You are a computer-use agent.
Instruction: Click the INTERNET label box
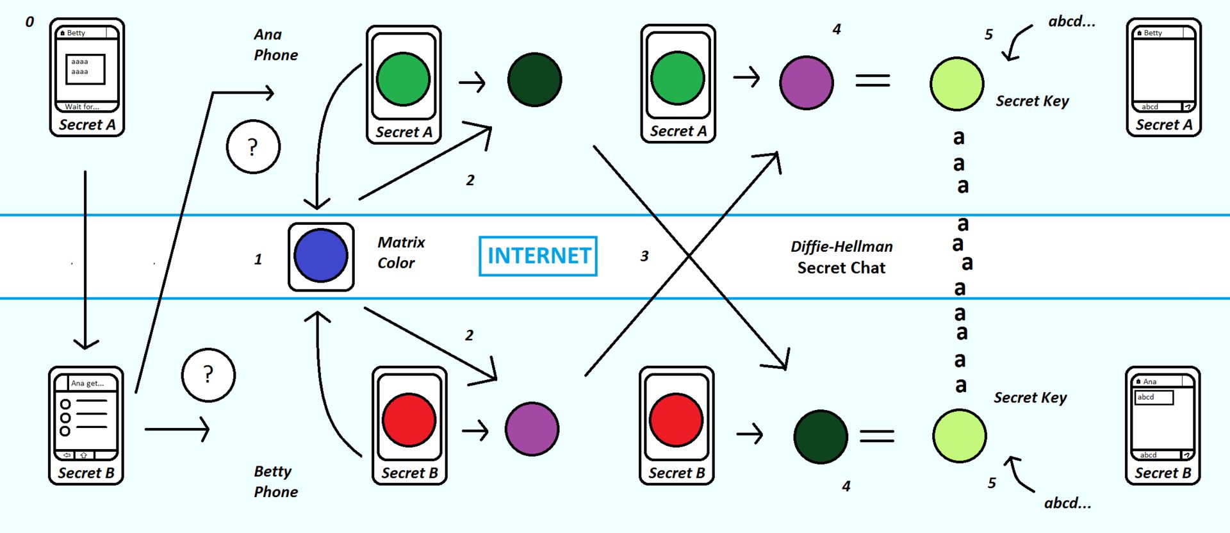click(538, 256)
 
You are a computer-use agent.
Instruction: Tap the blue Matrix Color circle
click(320, 256)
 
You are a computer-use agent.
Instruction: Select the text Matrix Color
click(400, 252)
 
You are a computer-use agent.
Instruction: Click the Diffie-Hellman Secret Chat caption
click(841, 257)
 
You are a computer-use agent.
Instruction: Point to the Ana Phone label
click(275, 45)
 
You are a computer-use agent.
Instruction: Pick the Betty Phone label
click(275, 482)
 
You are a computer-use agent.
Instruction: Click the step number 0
click(29, 22)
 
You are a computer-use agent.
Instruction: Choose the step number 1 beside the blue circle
click(258, 259)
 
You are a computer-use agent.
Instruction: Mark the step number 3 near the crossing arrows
click(644, 256)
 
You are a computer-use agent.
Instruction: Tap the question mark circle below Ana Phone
click(253, 147)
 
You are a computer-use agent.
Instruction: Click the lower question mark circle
click(208, 375)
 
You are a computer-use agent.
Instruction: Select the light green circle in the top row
click(956, 84)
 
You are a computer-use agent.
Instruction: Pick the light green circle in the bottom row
click(959, 436)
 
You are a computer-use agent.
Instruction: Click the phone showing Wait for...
click(87, 77)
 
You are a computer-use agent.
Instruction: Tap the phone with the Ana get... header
click(86, 425)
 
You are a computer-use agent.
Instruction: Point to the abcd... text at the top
click(1071, 22)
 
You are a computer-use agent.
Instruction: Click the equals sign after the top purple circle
click(873, 80)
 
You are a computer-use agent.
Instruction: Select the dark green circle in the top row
click(534, 80)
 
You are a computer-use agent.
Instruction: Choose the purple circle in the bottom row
click(532, 429)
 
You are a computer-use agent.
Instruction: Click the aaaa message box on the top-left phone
click(85, 69)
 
